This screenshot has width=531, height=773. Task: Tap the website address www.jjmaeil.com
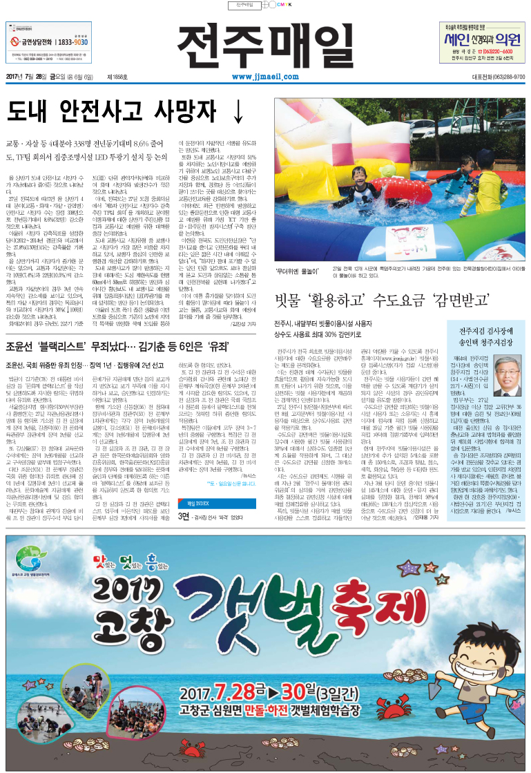[x=264, y=77]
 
